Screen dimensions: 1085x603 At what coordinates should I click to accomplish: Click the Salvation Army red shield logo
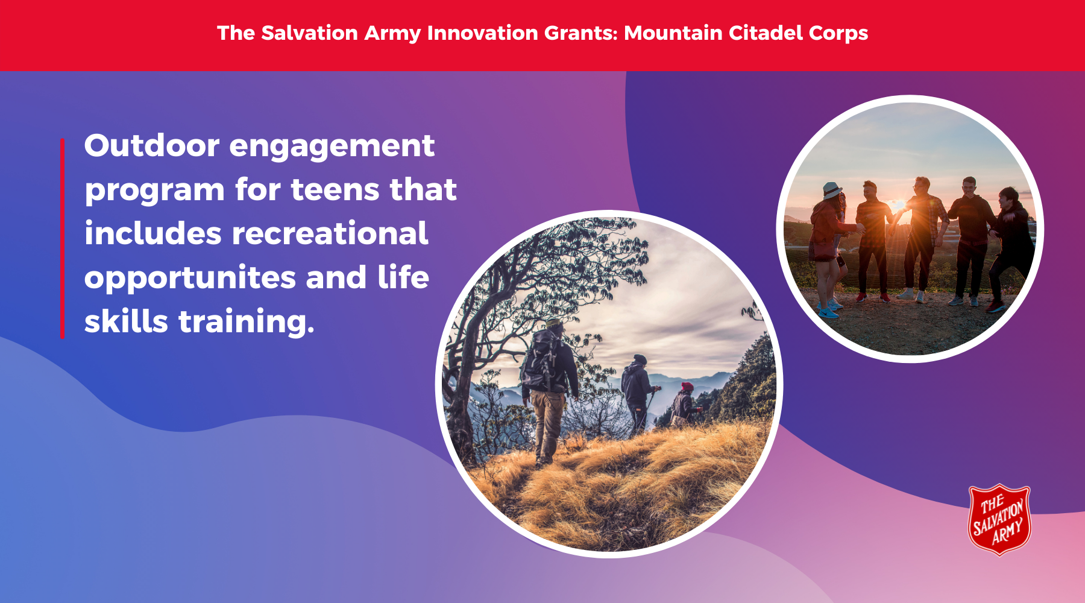tap(999, 519)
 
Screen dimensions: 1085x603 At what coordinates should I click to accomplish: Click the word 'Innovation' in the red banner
tap(482, 33)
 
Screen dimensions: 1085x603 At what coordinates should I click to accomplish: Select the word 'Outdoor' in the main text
tap(152, 146)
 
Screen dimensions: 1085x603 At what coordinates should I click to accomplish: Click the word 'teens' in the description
tap(336, 190)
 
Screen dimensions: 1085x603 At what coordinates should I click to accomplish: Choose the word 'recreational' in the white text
tap(330, 234)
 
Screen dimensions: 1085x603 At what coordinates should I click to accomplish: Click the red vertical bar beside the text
tap(62, 238)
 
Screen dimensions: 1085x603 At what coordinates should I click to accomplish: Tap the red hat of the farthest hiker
tap(687, 386)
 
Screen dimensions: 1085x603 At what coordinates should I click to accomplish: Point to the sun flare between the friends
tap(899, 206)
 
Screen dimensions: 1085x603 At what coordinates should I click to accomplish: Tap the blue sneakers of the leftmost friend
tap(830, 308)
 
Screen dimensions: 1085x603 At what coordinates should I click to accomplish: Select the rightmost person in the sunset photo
tap(1010, 248)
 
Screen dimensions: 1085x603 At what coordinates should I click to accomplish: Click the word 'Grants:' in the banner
tap(580, 33)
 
